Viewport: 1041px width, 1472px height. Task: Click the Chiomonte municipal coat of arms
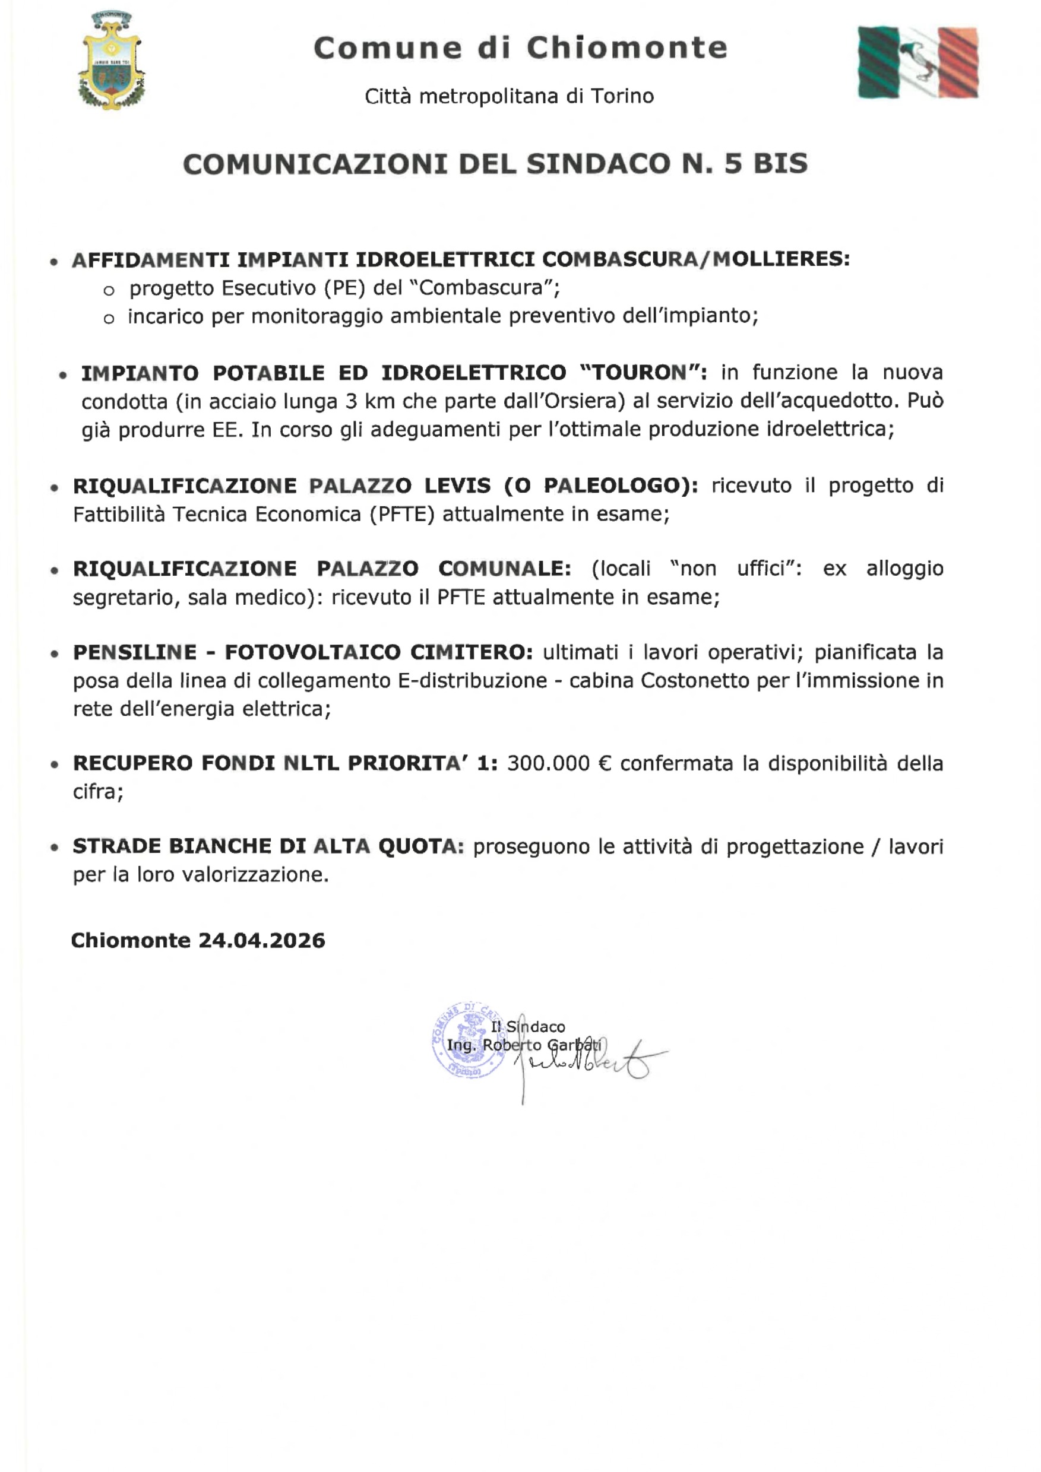[x=112, y=61]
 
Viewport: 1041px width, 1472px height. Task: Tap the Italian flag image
[x=918, y=63]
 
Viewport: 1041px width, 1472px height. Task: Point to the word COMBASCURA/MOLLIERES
[x=696, y=259]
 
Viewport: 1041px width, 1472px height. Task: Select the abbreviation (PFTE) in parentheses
[x=401, y=514]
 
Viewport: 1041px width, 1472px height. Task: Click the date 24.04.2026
[x=262, y=941]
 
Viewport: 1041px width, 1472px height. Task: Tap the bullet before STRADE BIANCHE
[x=55, y=848]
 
